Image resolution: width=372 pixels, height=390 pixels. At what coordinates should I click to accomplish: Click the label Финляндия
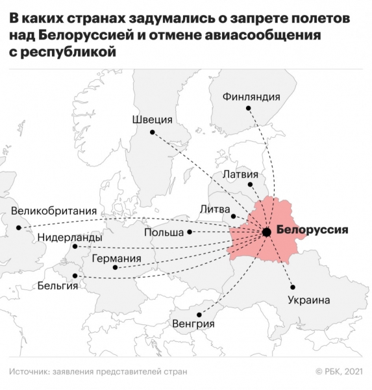251,97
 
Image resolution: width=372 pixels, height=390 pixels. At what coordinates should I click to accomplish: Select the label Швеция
152,120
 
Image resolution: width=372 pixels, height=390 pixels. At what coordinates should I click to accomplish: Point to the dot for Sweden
152,133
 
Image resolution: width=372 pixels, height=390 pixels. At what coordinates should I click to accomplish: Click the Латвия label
240,174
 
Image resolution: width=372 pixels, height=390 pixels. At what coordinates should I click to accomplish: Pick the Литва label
214,209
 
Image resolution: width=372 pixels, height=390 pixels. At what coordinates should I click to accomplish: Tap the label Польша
163,232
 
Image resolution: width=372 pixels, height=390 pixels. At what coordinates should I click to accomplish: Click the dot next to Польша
190,232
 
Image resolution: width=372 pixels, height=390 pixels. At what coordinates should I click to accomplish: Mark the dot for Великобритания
19,227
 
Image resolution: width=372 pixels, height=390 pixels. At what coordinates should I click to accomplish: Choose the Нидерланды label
69,238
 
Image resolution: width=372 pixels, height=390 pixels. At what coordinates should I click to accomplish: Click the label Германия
116,257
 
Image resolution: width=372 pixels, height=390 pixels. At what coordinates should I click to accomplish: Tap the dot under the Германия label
115,268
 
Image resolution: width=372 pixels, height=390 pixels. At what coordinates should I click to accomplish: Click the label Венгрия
193,323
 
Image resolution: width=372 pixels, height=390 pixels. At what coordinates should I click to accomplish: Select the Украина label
308,300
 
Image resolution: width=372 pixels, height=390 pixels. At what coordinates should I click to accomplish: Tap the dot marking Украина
293,287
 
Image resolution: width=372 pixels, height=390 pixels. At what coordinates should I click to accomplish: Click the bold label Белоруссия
312,230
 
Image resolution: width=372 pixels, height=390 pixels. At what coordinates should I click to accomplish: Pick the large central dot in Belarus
266,231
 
